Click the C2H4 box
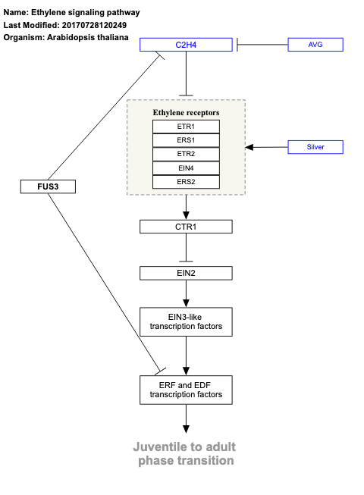[x=186, y=45]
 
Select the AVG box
[x=315, y=45]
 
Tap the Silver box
[x=315, y=146]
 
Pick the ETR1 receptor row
[x=186, y=127]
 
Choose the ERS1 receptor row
[x=186, y=140]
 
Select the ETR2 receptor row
[x=186, y=154]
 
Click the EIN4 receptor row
[x=186, y=168]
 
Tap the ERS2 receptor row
[x=186, y=182]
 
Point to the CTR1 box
[x=186, y=227]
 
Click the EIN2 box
[x=186, y=272]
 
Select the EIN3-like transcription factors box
[x=186, y=321]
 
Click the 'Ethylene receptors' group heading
[x=186, y=112]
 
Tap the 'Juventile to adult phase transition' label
[x=186, y=453]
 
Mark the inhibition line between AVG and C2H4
[x=262, y=45]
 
